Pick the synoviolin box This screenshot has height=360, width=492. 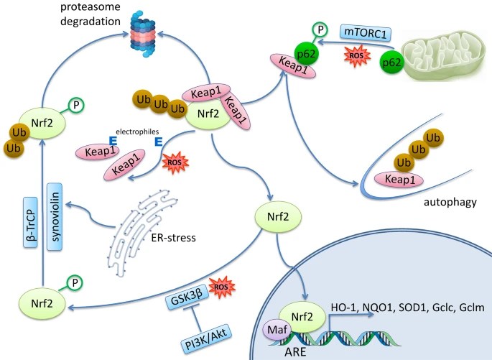click(x=54, y=223)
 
